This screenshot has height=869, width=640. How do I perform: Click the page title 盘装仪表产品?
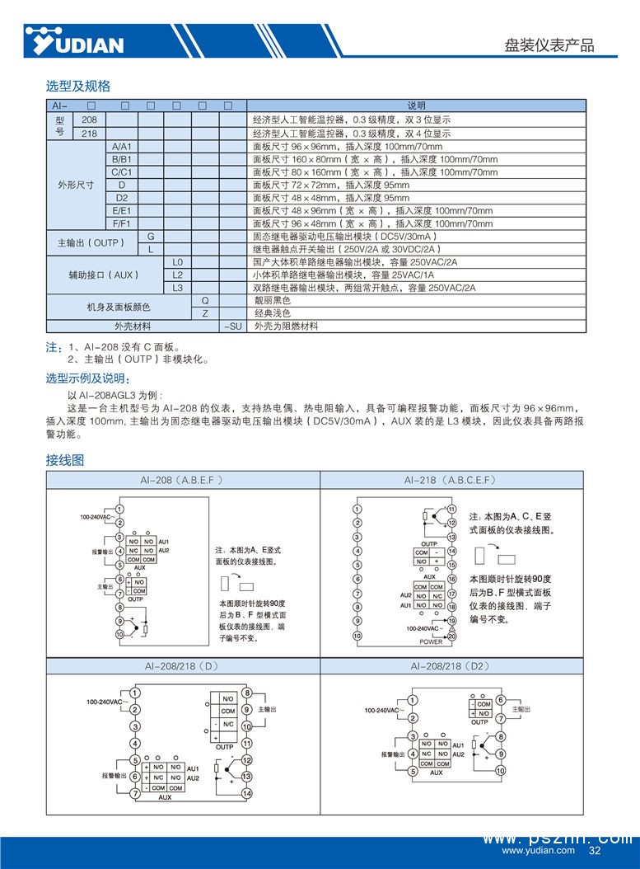[x=549, y=45]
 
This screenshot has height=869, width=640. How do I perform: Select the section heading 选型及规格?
[x=77, y=86]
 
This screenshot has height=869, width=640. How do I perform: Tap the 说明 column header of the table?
[x=417, y=106]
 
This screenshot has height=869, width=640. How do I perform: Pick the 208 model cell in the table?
[x=90, y=120]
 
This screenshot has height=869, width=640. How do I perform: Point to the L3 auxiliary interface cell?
[x=177, y=288]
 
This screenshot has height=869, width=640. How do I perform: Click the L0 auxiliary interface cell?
[x=177, y=262]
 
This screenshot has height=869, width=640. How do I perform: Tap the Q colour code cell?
[x=204, y=301]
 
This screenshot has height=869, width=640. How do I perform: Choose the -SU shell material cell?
[x=233, y=326]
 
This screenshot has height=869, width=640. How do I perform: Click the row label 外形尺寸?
[x=76, y=186]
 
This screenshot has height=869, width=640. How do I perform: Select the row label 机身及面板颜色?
[x=118, y=308]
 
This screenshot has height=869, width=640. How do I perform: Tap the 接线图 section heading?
[x=64, y=460]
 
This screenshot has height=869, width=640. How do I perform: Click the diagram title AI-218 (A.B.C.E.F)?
[x=451, y=480]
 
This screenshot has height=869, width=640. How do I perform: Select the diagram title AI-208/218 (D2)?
[x=451, y=665]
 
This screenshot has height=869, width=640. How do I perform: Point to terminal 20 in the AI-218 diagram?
[x=451, y=636]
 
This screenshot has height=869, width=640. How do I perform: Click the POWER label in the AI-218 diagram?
[x=430, y=641]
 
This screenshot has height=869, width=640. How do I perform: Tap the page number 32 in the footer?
[x=595, y=851]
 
